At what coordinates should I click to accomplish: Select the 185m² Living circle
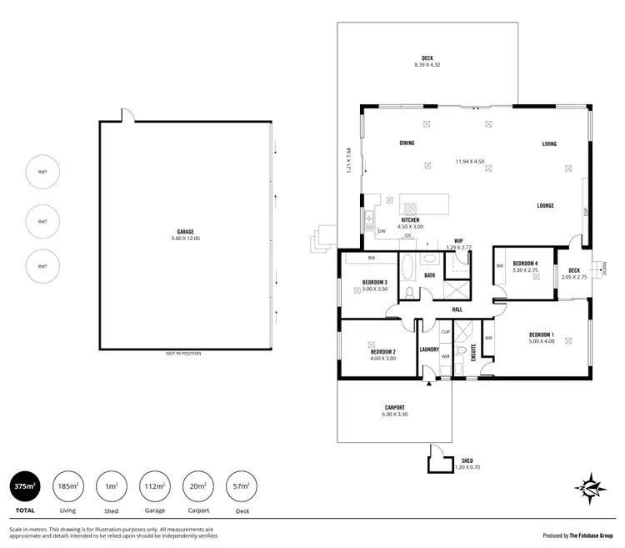pos(68,485)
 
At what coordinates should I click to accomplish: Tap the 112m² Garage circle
pos(155,485)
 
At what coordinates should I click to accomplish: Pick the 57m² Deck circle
pos(242,485)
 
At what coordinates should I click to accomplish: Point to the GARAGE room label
pos(185,233)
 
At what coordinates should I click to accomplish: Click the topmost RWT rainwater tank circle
pos(42,173)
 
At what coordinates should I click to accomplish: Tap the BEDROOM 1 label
pos(542,334)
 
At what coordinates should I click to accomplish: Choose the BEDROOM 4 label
pos(525,264)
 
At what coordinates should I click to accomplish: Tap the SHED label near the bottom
pos(467,460)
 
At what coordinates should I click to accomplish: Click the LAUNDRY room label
pos(429,349)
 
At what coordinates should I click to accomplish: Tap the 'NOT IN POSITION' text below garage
pos(183,353)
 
